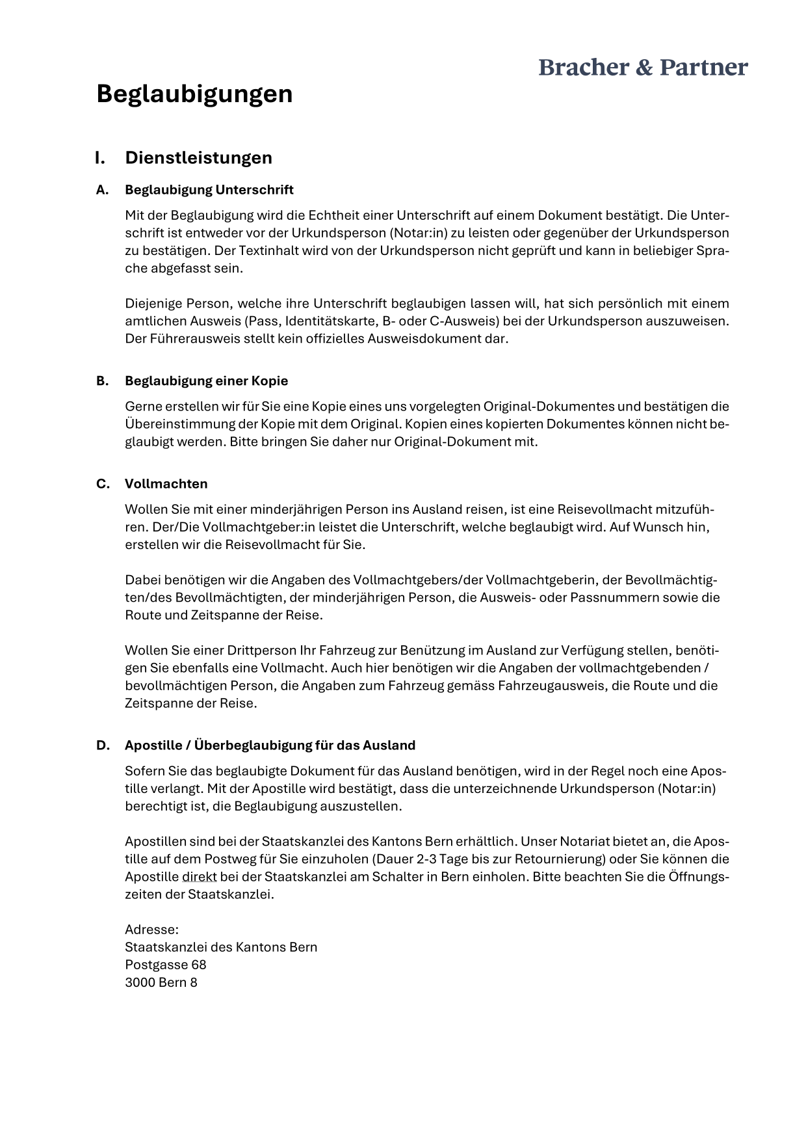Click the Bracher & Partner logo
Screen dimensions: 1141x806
point(643,67)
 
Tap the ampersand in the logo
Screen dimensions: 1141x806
point(643,68)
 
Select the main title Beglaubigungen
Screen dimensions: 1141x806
point(194,94)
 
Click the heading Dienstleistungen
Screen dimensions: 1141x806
point(198,157)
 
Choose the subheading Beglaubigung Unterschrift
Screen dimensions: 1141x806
point(209,189)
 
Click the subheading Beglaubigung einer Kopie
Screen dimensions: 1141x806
point(206,381)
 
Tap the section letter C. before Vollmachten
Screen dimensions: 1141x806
point(103,483)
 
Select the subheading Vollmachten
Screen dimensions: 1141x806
point(166,483)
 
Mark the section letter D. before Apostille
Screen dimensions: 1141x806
point(103,745)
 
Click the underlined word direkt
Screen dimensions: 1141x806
point(199,876)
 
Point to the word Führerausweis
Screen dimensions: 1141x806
point(181,338)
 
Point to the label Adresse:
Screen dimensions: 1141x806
point(151,929)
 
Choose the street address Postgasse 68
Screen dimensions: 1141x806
point(165,964)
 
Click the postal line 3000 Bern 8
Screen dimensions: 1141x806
point(161,982)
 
